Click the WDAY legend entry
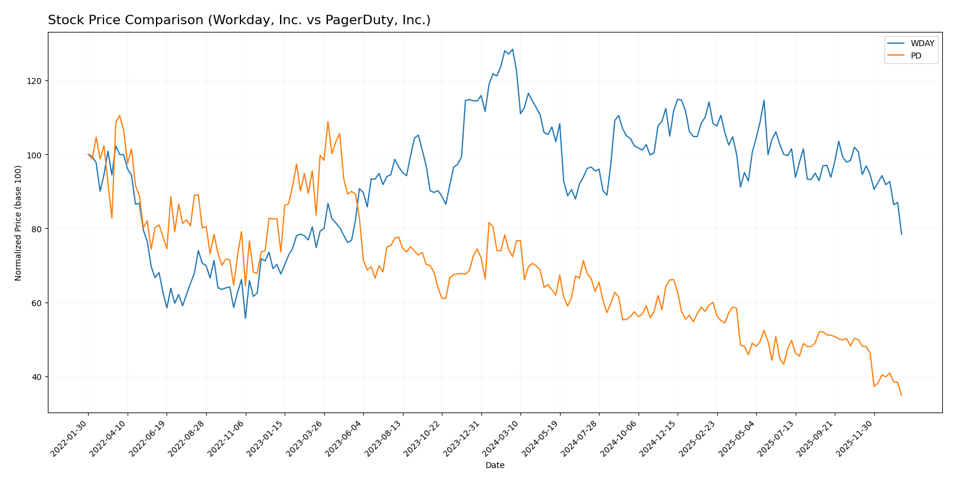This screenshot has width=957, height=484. tap(922, 44)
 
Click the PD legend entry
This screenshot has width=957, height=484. tap(916, 56)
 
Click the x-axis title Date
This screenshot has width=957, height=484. tap(494, 466)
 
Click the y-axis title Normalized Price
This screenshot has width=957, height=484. tap(18, 223)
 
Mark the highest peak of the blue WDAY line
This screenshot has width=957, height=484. tap(512, 49)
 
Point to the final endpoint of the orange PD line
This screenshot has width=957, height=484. tap(901, 395)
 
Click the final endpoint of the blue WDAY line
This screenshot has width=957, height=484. tap(901, 234)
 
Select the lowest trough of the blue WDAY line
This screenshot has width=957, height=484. tap(245, 319)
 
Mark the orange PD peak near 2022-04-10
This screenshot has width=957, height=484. tap(119, 115)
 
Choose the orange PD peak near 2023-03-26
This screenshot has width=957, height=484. tap(328, 122)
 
